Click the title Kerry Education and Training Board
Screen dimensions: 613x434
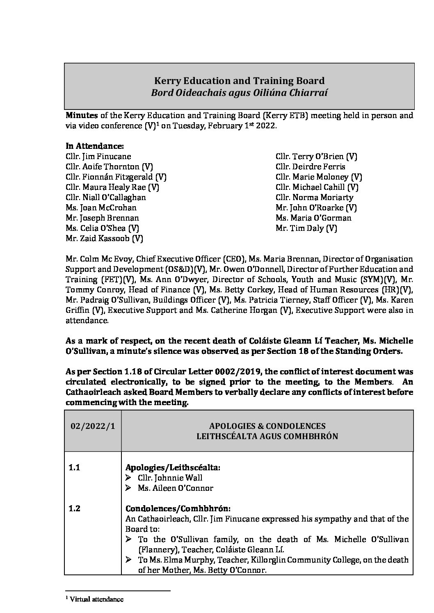pos(239,81)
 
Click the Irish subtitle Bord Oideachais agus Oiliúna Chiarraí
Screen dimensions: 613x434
pos(239,93)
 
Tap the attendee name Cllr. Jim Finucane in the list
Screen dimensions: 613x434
pos(98,156)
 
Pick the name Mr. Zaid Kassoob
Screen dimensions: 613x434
pos(104,238)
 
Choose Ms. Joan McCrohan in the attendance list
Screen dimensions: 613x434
pos(101,207)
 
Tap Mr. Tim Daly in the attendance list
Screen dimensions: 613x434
pos(306,228)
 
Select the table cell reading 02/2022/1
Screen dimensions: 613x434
pos(93,426)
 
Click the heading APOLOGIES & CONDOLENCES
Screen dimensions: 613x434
pos(267,426)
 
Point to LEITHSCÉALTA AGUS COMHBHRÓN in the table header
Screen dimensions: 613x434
pos(267,436)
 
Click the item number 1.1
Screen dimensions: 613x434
pos(74,467)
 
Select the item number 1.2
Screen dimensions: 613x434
pos(74,508)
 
